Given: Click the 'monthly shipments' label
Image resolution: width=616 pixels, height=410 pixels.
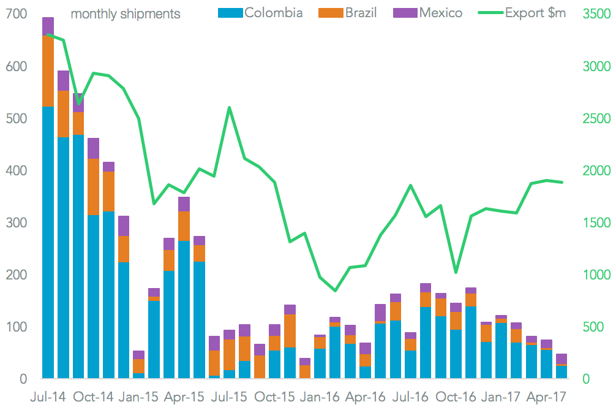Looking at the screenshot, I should click(x=126, y=13).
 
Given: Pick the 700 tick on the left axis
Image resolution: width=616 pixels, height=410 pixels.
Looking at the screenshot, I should click(x=17, y=13).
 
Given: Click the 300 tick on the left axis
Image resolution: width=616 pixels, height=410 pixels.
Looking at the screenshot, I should click(x=17, y=222).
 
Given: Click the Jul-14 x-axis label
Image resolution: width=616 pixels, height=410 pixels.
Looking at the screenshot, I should click(x=48, y=397).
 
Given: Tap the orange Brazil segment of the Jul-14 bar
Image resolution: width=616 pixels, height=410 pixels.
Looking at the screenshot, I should click(x=48, y=71).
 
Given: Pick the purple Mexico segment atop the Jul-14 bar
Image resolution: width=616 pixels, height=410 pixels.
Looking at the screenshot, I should click(x=48, y=26).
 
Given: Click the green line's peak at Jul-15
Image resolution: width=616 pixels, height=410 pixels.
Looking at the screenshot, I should click(x=229, y=108).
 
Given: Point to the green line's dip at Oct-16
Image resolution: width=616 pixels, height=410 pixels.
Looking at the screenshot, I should click(x=456, y=272).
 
